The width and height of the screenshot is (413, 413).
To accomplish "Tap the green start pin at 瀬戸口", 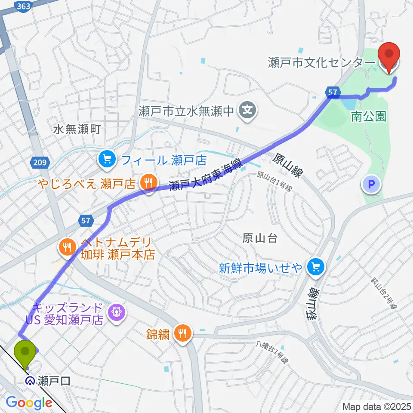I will click(x=25, y=353).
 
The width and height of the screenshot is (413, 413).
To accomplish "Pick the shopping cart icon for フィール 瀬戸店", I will click(x=106, y=160).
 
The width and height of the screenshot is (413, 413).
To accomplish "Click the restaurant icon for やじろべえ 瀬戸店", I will click(x=148, y=182).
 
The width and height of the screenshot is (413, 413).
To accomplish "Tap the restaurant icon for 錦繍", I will click(x=183, y=333).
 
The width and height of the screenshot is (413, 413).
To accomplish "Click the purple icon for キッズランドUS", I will click(x=116, y=311).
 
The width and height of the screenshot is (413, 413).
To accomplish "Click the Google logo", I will click(x=28, y=403).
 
